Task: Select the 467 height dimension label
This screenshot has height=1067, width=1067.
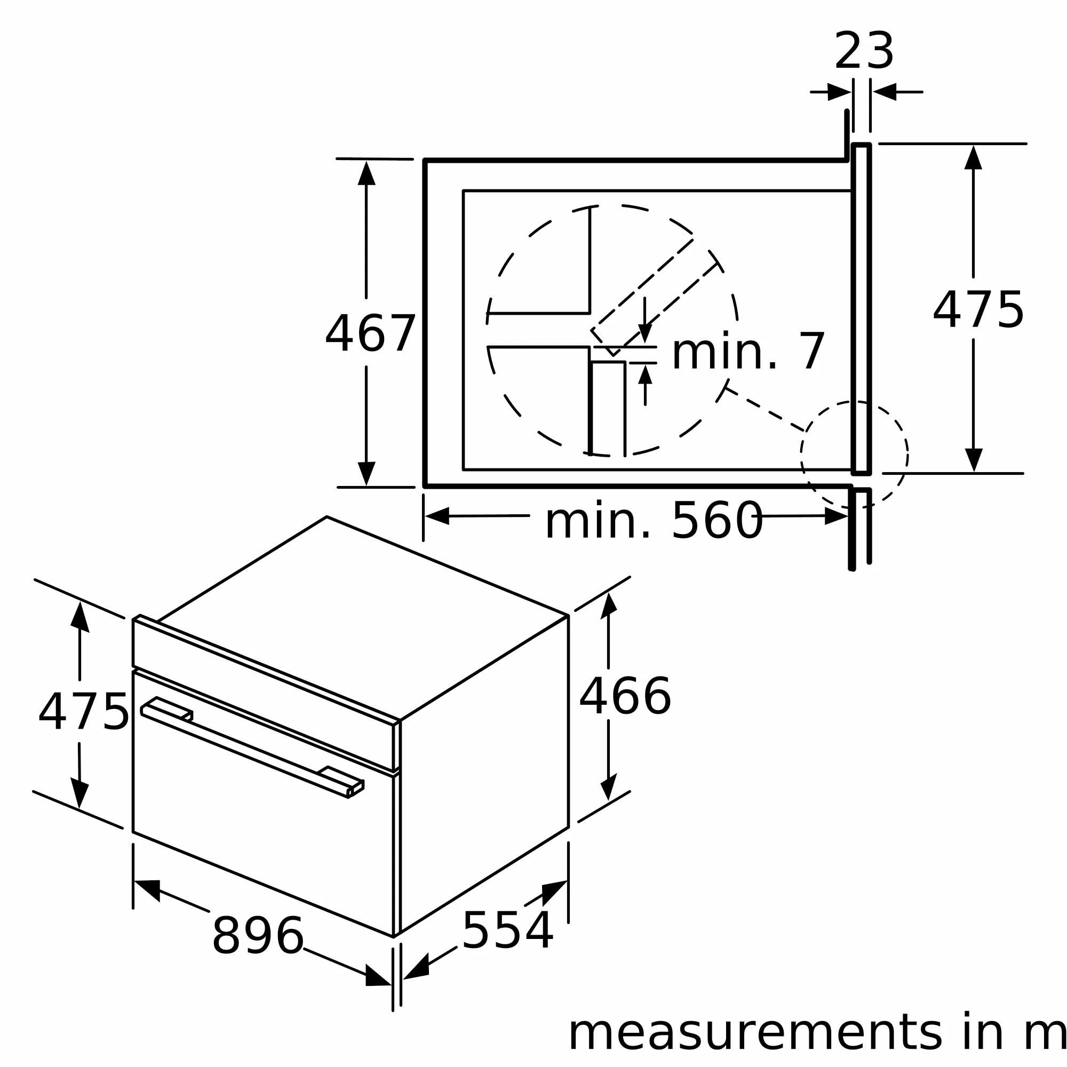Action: click(x=370, y=333)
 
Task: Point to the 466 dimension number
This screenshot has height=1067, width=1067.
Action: click(x=625, y=697)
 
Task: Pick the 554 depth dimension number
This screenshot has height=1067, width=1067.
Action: click(x=507, y=931)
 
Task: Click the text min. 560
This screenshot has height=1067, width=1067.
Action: click(x=654, y=521)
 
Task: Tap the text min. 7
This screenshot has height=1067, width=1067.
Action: click(x=748, y=352)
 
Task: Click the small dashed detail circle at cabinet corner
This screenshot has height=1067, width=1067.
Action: click(x=854, y=454)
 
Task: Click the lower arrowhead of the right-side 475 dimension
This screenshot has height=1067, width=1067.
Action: click(x=973, y=459)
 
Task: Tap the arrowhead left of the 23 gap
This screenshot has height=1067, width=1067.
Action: click(x=838, y=92)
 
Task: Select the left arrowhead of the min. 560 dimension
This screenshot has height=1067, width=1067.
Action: click(x=437, y=516)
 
